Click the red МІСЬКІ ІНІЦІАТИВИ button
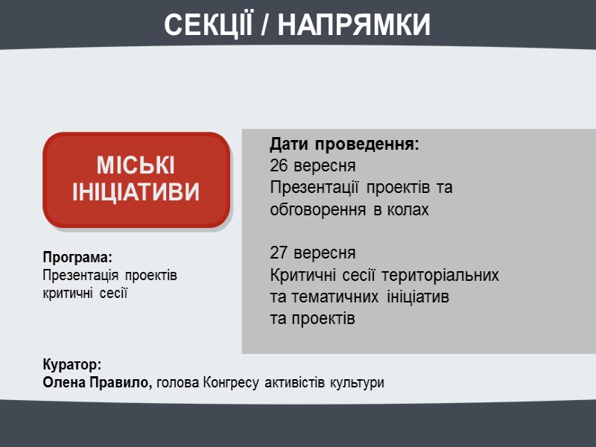(x=136, y=180)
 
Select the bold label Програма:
(x=77, y=257)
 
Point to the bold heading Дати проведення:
(x=344, y=143)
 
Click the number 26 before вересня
(x=279, y=165)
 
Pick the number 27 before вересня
(x=279, y=253)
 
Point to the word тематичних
(x=336, y=297)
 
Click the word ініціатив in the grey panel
(x=418, y=297)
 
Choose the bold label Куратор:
(x=72, y=366)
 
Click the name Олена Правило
(x=96, y=384)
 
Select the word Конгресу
(x=232, y=384)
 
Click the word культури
(x=359, y=384)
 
